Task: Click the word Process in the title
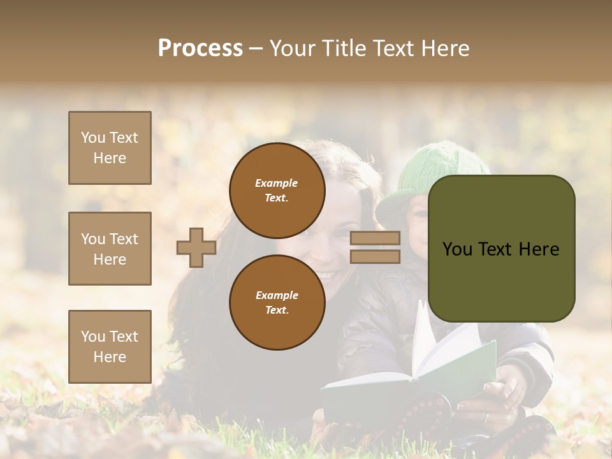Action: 200,48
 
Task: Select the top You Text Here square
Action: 110,148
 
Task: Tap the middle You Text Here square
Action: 110,249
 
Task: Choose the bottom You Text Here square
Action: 110,346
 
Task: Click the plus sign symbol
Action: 196,247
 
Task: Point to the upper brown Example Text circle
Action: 277,190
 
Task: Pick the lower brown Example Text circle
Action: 277,302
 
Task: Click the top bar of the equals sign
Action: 375,238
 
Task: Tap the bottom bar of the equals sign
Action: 375,256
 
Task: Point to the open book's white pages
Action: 440,347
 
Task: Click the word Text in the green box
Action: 497,249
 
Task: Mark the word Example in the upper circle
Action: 277,183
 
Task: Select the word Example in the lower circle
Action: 277,295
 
